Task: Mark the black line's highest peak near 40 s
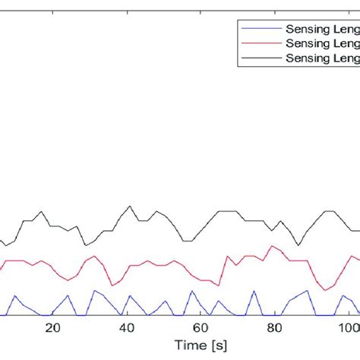tap(131, 205)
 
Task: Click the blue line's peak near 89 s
tap(308, 291)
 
